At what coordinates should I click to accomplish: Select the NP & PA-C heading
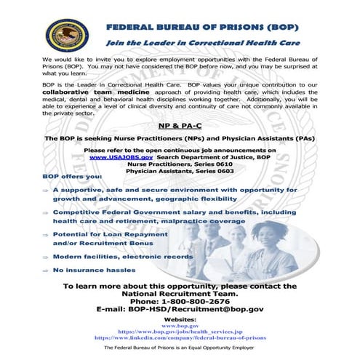tap(180, 125)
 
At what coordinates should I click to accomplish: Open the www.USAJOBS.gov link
tap(121, 156)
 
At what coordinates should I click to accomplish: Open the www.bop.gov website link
tap(180, 326)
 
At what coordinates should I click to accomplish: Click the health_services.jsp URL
tap(180, 332)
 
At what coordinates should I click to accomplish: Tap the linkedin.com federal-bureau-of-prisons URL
tap(180, 339)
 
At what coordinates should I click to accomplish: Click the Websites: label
tap(180, 319)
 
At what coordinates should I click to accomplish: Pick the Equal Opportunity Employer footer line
tap(180, 351)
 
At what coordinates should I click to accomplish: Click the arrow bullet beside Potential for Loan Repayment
tap(45, 236)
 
